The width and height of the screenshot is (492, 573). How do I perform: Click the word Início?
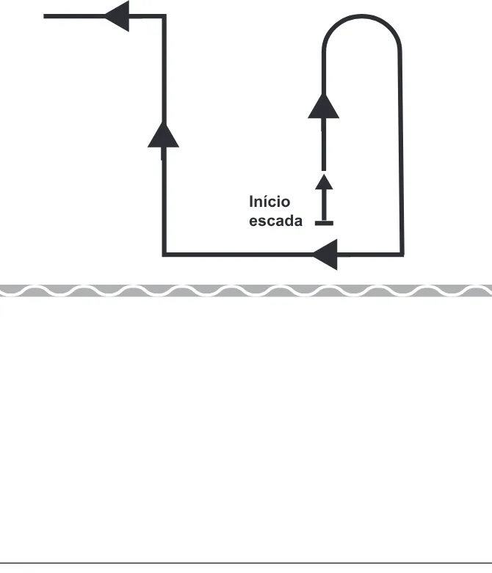(269, 201)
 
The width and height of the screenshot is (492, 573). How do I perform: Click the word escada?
(275, 221)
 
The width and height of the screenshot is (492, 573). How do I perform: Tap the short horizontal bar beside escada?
(324, 223)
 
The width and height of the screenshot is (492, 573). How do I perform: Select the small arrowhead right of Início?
(324, 182)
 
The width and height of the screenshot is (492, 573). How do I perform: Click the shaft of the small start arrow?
(324, 205)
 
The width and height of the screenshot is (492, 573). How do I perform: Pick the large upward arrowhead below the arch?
(323, 106)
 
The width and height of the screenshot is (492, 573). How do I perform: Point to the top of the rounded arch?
(361, 16)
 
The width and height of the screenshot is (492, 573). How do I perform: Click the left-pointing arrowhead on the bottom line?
(325, 255)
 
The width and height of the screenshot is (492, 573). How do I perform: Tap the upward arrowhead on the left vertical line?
(163, 135)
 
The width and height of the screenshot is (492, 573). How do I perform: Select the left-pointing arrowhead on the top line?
(117, 16)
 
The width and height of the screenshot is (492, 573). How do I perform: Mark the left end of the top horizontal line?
(44, 16)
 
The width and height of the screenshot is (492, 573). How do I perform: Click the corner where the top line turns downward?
(164, 16)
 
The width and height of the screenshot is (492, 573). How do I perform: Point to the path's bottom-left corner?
(164, 255)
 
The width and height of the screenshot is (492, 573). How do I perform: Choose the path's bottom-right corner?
(402, 255)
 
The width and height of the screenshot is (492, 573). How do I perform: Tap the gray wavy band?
(246, 290)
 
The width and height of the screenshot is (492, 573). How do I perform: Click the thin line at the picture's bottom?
(246, 563)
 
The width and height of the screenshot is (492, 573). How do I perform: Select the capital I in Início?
(251, 202)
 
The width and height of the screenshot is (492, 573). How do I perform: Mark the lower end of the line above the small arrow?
(324, 170)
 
